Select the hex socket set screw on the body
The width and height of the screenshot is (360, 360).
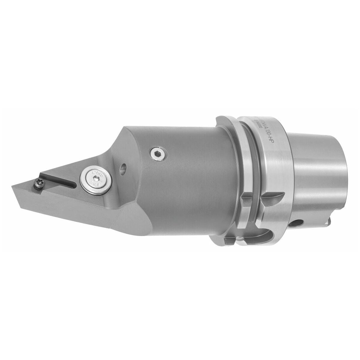click(156, 154)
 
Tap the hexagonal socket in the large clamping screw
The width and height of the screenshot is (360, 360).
click(95, 179)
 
